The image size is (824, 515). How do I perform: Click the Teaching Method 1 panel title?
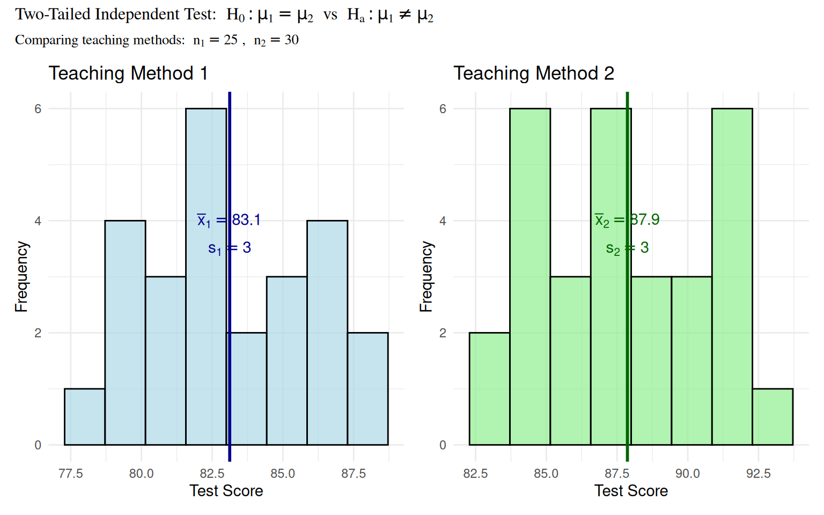tap(128, 73)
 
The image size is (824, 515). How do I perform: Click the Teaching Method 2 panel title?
tap(534, 73)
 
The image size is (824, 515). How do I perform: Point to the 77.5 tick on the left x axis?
tap(71, 474)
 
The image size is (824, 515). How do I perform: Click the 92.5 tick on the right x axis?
tap(758, 474)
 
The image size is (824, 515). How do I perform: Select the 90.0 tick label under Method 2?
tap(687, 474)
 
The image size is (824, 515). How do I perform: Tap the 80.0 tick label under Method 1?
tap(141, 474)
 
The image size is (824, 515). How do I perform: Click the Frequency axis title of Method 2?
tap(426, 276)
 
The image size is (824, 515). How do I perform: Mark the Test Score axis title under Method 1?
tap(226, 491)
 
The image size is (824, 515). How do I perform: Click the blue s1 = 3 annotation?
tap(230, 248)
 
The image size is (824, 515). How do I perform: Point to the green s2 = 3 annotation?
tap(627, 248)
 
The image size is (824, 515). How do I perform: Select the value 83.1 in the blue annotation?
tap(246, 220)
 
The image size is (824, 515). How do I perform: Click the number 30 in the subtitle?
tap(291, 40)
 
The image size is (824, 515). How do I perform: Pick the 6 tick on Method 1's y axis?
tap(38, 109)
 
